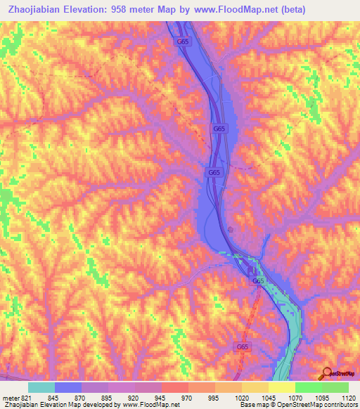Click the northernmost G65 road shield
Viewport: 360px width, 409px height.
pyautogui.click(x=183, y=41)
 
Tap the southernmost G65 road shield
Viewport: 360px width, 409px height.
pyautogui.click(x=242, y=346)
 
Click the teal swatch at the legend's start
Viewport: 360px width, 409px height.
pyautogui.click(x=41, y=387)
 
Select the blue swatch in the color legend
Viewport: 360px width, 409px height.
pyautogui.click(x=68, y=387)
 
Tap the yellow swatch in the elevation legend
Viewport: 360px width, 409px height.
pyautogui.click(x=281, y=387)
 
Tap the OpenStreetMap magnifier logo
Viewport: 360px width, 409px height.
pyautogui.click(x=326, y=373)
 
